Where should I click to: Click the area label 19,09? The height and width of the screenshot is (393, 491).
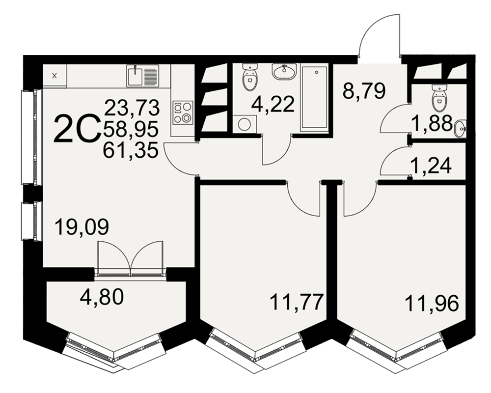point(82,227)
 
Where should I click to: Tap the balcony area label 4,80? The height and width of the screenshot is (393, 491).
point(102,297)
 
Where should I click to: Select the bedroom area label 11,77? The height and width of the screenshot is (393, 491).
point(296,302)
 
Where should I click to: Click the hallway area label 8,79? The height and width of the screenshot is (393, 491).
point(364,90)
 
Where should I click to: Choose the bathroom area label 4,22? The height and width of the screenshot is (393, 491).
point(273,104)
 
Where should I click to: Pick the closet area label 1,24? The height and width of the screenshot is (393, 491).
point(432,166)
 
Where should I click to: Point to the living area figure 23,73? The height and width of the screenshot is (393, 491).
point(132,108)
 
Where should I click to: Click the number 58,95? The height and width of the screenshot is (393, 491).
point(131,129)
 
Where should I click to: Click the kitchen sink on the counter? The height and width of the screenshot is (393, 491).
point(142,76)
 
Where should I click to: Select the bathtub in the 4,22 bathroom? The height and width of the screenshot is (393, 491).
point(314,98)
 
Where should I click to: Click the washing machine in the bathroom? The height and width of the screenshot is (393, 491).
point(245,124)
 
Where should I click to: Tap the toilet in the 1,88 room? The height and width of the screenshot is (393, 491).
point(439,97)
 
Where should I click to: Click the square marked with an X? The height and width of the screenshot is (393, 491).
point(55,76)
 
